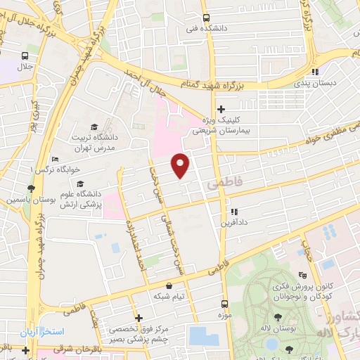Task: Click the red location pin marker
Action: pos(181,165)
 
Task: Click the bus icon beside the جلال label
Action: pos(25,56)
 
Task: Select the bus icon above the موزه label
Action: pos(225,304)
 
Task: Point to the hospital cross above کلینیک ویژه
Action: pos(221,108)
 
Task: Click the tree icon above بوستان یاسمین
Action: pos(30,188)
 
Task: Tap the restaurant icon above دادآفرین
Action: pos(233,211)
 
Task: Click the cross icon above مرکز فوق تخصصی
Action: pos(139,317)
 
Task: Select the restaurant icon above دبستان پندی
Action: pos(316,71)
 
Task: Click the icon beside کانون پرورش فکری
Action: pos(302,275)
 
